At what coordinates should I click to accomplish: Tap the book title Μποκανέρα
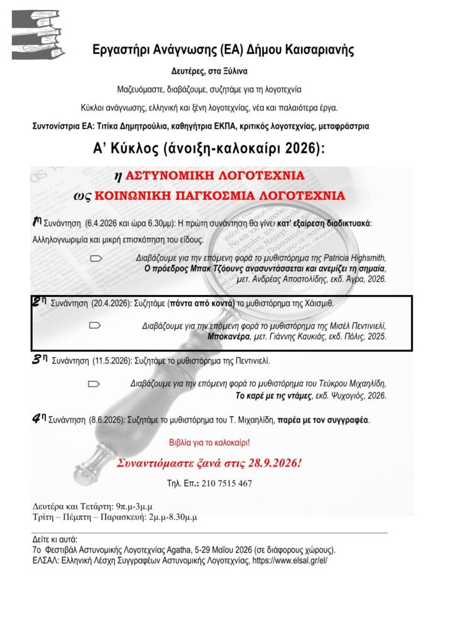pyautogui.click(x=229, y=336)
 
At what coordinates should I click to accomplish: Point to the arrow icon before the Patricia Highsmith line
pyautogui.click(x=96, y=258)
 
